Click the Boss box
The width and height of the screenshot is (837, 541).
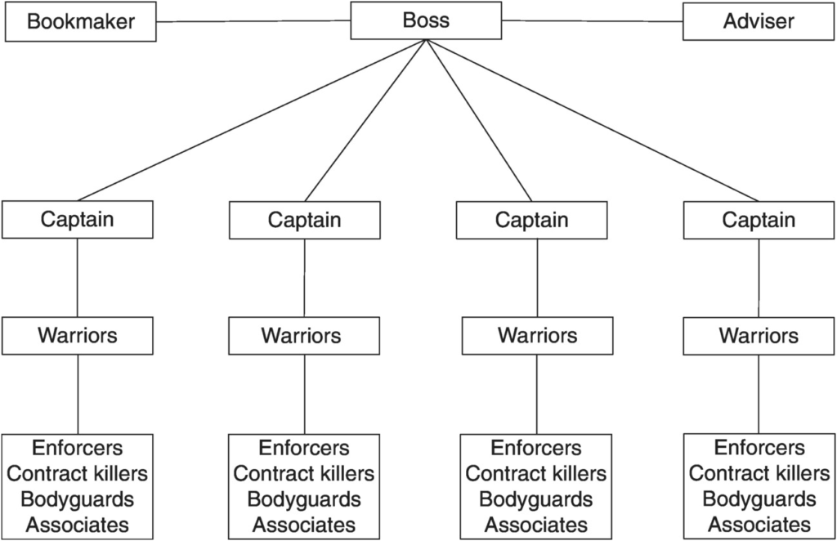(426, 20)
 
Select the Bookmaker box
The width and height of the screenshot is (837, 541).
(81, 21)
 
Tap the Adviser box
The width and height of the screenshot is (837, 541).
(759, 21)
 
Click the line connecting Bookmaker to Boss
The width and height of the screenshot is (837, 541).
(253, 21)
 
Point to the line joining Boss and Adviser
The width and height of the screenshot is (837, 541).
(593, 21)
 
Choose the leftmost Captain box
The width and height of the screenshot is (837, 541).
(78, 219)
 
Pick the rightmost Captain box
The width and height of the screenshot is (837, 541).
(759, 220)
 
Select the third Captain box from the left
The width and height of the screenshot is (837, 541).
(531, 220)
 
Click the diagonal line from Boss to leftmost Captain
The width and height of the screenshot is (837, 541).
(252, 120)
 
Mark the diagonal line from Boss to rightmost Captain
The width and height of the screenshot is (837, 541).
(593, 120)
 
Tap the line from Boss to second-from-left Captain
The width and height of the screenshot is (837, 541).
(365, 120)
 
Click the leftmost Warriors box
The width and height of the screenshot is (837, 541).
(78, 336)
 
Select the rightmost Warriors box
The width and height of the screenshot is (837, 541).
(759, 336)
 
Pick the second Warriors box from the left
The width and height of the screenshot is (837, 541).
(304, 336)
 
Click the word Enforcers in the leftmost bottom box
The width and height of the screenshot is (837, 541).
(78, 448)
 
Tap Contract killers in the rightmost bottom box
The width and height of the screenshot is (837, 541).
(759, 472)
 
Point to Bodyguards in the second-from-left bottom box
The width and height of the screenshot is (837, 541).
(304, 499)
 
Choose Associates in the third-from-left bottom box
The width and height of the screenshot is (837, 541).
(536, 525)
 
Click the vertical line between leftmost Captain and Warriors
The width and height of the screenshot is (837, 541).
(78, 277)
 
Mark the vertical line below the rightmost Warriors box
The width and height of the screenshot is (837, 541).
(759, 394)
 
